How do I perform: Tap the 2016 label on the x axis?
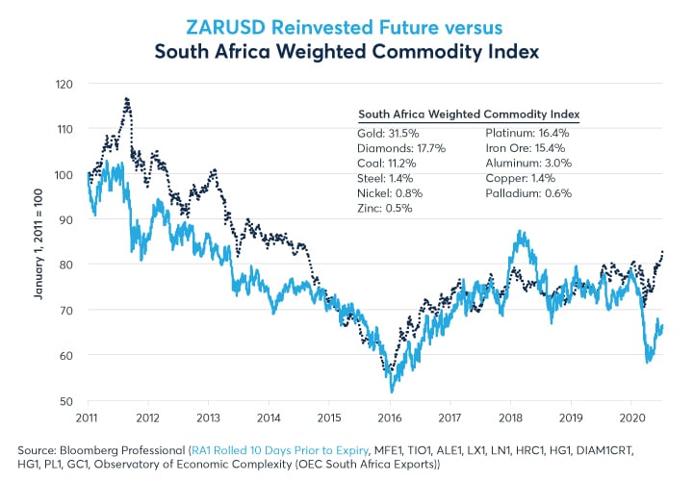pyautogui.click(x=390, y=418)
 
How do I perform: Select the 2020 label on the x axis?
pyautogui.click(x=631, y=418)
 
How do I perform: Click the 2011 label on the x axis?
pyautogui.click(x=89, y=418)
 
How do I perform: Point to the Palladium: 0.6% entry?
pyautogui.click(x=527, y=193)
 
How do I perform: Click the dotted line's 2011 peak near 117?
pyautogui.click(x=126, y=98)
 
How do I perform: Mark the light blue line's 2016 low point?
pyautogui.click(x=392, y=391)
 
